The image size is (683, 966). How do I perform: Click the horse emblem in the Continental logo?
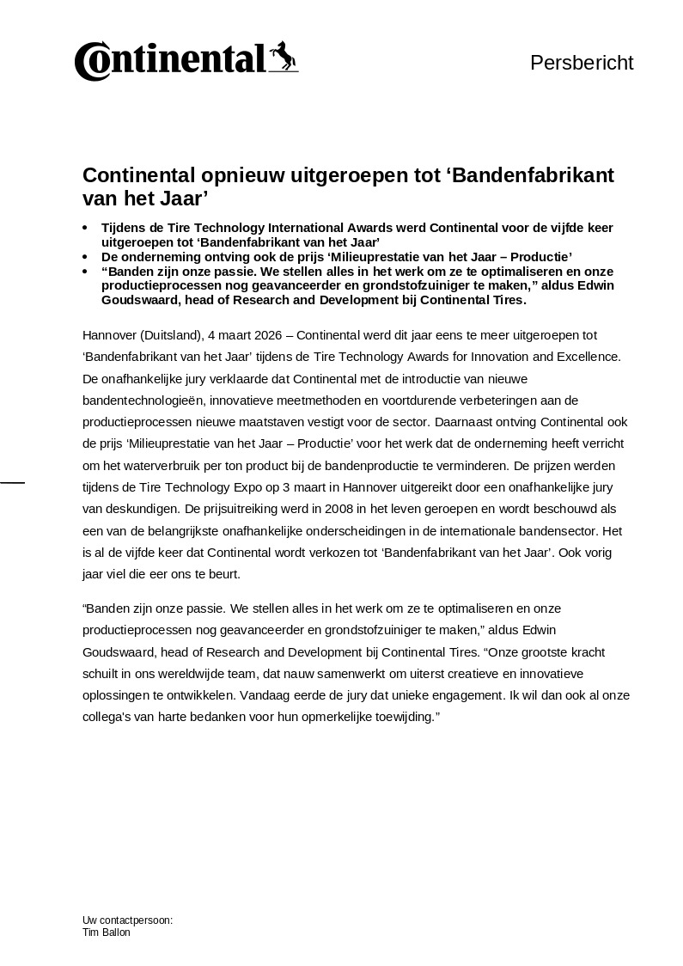(x=283, y=58)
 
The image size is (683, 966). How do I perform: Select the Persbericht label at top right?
(x=582, y=63)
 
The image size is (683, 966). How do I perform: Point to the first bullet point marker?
(x=85, y=228)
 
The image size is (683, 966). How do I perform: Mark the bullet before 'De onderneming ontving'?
(x=85, y=257)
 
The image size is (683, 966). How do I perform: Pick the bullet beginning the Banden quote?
(x=85, y=271)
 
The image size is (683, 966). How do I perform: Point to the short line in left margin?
(x=12, y=482)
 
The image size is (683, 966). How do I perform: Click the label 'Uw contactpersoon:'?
(x=127, y=920)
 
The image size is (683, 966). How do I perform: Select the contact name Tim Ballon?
(x=107, y=932)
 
